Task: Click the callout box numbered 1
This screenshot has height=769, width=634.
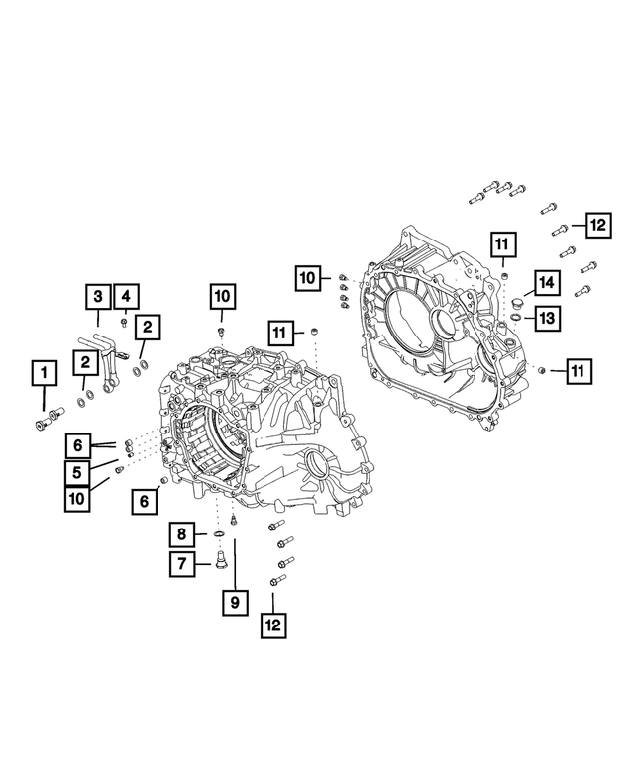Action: point(43,373)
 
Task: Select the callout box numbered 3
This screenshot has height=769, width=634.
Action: point(98,295)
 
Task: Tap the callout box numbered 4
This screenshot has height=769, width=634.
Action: point(126,295)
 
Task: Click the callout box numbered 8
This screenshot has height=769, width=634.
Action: point(183,535)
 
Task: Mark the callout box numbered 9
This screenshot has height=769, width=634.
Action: point(235,602)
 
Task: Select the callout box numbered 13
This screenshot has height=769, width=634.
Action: point(546,317)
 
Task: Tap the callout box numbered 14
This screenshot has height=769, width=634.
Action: point(547,283)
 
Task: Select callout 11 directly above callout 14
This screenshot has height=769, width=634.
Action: point(503,242)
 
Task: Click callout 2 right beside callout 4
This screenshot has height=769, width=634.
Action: point(147,326)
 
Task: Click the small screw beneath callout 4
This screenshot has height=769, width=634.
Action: point(123,321)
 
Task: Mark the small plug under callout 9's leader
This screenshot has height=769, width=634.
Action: point(235,519)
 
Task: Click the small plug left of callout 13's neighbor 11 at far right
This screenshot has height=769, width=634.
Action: point(543,369)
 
